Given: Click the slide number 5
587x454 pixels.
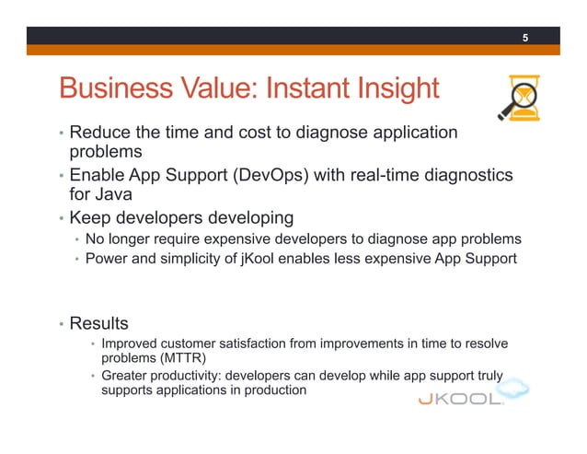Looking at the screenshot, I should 525,38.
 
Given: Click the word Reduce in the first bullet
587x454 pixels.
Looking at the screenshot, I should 100,133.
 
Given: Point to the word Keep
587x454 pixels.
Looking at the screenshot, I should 90,218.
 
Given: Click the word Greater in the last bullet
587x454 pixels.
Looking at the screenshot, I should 126,376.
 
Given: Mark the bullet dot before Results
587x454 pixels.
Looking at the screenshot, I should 60,325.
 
